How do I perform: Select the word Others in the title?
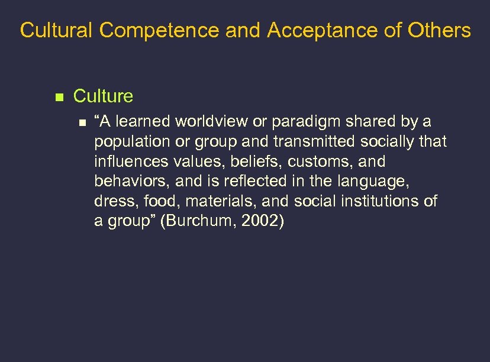[x=441, y=31]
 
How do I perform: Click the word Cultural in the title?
[x=56, y=31]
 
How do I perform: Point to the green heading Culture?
[x=103, y=96]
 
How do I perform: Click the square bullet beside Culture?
[x=58, y=96]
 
